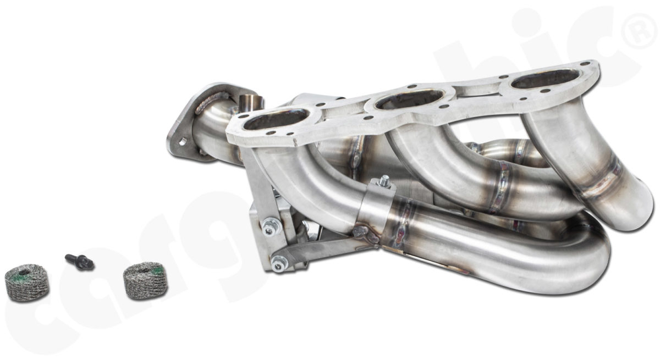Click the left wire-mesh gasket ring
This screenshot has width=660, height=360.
click(26, 283)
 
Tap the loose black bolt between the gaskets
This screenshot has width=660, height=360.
click(80, 262)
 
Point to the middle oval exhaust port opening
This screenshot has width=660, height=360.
click(410, 99)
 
